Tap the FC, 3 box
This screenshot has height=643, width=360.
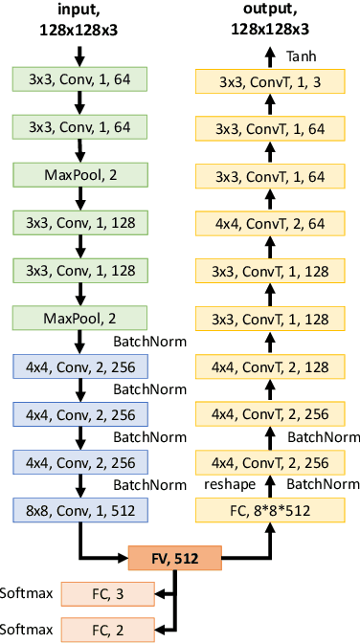point(106,594)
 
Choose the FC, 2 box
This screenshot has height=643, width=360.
point(106,629)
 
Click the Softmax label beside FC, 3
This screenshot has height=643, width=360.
point(28,593)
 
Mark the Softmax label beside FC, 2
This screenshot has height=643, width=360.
point(28,629)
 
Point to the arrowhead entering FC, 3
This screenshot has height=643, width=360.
point(159,594)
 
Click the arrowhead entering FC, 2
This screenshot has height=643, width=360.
point(159,629)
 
